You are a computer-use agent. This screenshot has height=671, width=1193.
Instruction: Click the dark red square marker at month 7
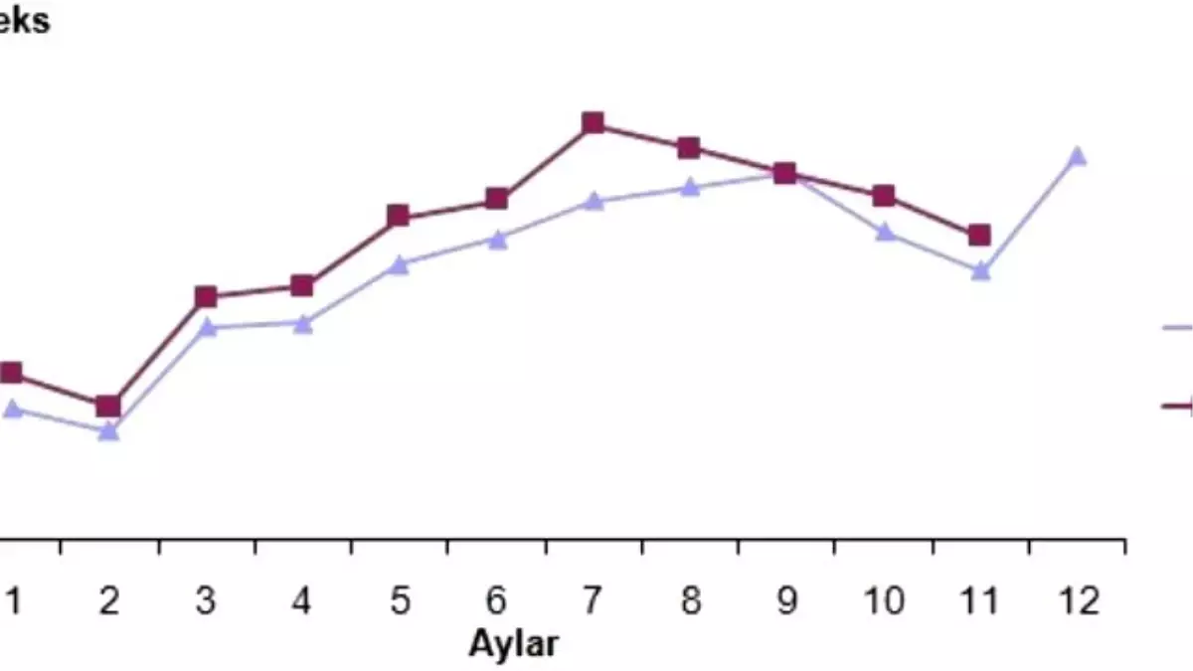[x=594, y=123]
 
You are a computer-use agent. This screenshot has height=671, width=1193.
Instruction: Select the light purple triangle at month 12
[x=1077, y=156]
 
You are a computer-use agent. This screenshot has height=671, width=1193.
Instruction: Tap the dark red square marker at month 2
[x=109, y=407]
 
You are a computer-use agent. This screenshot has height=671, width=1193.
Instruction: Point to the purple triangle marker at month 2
[x=109, y=431]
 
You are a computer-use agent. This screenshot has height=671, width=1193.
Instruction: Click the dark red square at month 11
[x=979, y=236]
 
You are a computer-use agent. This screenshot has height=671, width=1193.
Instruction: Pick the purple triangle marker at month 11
[x=980, y=270]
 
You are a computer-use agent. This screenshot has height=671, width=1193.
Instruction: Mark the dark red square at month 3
[x=206, y=297]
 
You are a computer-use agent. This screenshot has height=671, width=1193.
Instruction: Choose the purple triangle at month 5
[x=400, y=265]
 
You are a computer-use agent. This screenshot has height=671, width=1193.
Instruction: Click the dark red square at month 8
[x=689, y=148]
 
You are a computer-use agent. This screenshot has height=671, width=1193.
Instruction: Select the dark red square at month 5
[x=399, y=216]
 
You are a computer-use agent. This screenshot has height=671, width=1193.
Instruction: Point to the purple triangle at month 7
[x=594, y=202]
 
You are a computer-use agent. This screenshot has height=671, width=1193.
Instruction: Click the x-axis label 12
[x=1079, y=601]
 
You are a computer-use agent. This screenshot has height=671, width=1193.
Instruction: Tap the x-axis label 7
[x=593, y=601]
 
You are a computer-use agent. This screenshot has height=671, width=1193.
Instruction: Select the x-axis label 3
[x=206, y=601]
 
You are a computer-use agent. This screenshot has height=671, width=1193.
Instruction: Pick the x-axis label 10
[x=884, y=601]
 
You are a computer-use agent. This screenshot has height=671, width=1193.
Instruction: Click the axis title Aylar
[x=513, y=643]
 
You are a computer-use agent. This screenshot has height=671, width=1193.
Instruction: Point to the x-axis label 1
[x=13, y=601]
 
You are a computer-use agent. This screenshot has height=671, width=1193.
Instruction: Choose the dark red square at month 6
[x=497, y=199]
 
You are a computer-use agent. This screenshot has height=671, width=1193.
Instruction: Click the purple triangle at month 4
[x=303, y=323]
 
